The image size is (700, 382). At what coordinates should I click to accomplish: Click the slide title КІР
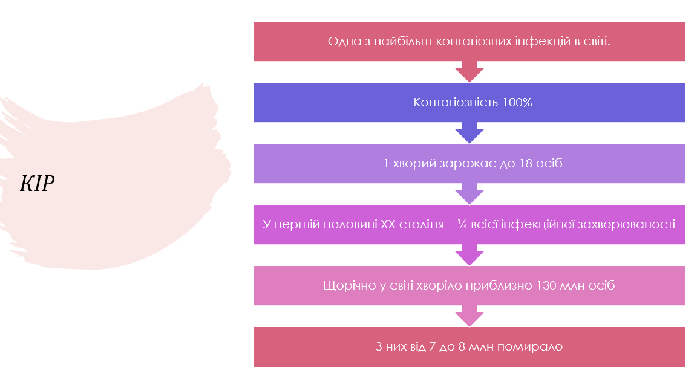point(38,184)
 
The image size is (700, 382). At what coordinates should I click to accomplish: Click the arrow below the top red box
point(469,72)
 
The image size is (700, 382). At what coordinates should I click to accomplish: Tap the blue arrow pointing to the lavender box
point(469,133)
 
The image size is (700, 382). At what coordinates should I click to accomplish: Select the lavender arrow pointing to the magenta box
point(469,194)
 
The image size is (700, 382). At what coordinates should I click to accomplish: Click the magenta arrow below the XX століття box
point(469,255)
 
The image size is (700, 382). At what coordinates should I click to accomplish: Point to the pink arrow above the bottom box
point(469,316)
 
